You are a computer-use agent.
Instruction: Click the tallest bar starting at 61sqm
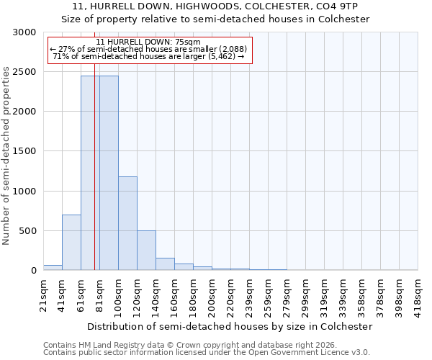point(90,173)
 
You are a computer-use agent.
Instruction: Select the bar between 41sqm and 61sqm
point(71,243)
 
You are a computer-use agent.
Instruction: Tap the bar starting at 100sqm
point(127,223)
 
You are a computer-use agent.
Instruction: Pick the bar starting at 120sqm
point(146,251)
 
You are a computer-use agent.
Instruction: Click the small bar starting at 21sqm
point(53,268)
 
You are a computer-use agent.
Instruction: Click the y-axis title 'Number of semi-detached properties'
point(7,156)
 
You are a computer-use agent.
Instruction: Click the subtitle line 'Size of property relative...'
point(215,19)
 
